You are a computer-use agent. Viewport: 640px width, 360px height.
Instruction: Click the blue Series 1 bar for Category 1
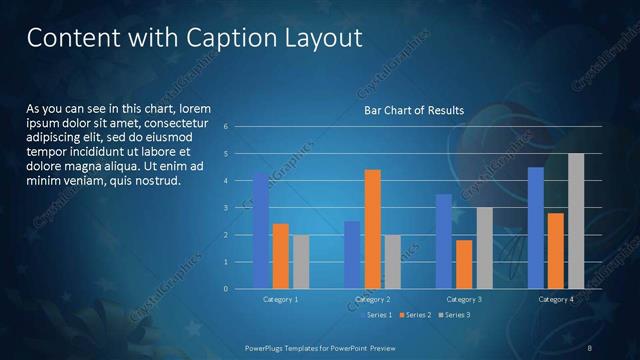pos(261,230)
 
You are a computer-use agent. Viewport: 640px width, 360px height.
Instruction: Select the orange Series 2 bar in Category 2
pos(372,229)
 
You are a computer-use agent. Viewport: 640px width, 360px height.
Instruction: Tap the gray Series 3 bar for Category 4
pos(576,221)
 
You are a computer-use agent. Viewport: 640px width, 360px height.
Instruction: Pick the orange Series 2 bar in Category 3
pos(464,264)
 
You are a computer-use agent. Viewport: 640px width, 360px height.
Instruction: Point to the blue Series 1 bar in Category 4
pos(536,228)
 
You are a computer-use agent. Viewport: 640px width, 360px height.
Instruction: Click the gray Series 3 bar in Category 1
pos(301,262)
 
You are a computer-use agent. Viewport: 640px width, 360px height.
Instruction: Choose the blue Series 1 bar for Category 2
pos(352,255)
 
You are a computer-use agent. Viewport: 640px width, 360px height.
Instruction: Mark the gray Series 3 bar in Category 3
pos(484,248)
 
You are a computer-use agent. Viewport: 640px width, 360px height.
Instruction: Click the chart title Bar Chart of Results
pos(413,110)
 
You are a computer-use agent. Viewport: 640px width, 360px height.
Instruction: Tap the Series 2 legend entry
pos(417,315)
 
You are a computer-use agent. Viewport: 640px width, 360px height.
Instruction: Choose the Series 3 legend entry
pos(455,315)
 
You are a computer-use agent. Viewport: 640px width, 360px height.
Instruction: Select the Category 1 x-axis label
pos(281,299)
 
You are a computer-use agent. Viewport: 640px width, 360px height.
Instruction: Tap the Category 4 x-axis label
pos(556,299)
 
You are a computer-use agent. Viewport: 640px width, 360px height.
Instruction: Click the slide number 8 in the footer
pos(590,347)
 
